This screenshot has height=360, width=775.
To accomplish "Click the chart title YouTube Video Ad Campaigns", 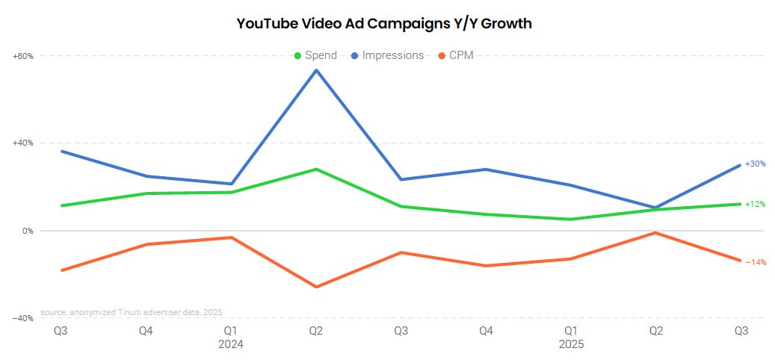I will [384, 23].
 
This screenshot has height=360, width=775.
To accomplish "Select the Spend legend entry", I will [315, 55].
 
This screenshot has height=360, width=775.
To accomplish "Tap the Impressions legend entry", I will [386, 55].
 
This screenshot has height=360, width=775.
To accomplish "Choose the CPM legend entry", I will [455, 55].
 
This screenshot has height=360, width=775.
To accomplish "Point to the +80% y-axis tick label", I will [23, 56].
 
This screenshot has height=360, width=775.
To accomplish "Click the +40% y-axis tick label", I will [23, 143].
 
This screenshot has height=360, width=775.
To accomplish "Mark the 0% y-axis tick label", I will [28, 231].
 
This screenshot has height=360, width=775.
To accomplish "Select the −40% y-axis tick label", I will [23, 318].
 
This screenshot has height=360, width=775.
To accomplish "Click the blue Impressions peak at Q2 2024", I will [316, 70].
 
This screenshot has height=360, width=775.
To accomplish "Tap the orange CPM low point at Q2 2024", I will [316, 287].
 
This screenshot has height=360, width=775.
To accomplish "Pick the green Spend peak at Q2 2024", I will [316, 170].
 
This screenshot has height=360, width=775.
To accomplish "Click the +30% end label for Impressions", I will [755, 164].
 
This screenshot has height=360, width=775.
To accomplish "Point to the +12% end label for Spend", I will [755, 204].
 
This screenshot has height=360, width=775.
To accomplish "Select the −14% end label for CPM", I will [755, 262].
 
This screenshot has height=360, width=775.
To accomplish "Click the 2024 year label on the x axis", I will [231, 345].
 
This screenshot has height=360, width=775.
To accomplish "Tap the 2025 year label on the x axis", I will [571, 345].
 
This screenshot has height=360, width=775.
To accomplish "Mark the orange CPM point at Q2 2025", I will [655, 233].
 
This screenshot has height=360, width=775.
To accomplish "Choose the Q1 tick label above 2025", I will [571, 331].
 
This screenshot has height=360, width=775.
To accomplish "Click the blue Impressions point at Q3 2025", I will [740, 165].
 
